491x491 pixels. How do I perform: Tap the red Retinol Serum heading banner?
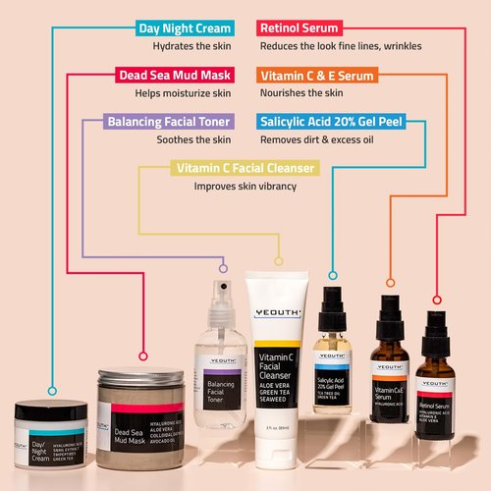tap(300, 27)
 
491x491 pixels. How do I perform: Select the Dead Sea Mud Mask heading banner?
tap(172, 75)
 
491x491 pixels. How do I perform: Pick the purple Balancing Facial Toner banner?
tap(169, 123)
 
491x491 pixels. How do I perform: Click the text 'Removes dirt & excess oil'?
tap(317, 139)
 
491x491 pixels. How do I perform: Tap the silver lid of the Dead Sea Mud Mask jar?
tap(136, 378)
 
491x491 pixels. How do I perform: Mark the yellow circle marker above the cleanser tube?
tap(278, 262)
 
